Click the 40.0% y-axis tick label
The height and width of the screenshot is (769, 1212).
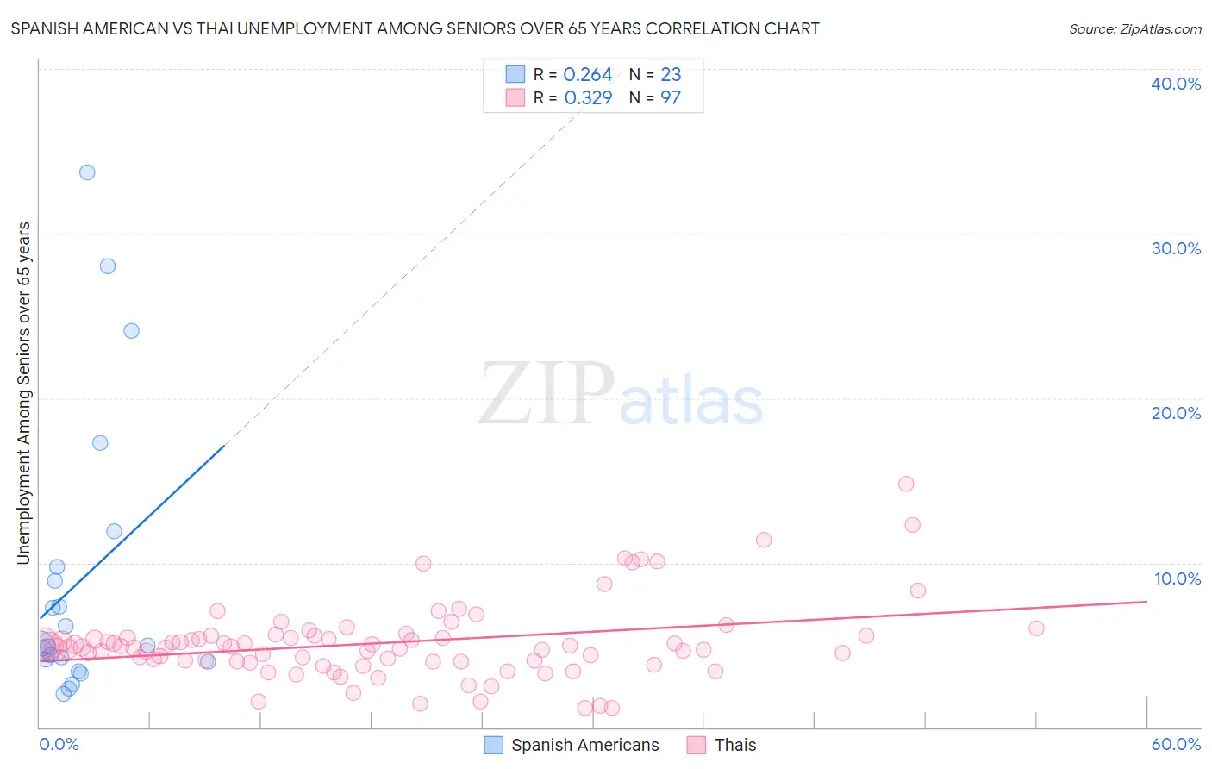(1176, 84)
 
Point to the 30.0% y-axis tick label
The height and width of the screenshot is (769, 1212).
(1176, 248)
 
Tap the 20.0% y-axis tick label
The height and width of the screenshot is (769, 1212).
(1176, 413)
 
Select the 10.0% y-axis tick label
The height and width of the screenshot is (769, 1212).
(1176, 578)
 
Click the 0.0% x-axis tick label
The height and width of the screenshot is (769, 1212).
(59, 744)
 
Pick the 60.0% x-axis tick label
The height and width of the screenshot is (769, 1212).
(1176, 744)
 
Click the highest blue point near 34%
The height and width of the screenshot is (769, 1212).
(87, 172)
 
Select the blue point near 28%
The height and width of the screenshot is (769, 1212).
(108, 266)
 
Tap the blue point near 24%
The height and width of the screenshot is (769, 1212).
(131, 331)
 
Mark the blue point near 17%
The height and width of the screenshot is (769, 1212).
(100, 443)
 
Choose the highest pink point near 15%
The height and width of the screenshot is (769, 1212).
(906, 484)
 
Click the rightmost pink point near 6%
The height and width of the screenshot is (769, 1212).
(1037, 628)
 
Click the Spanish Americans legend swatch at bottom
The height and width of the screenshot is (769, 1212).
(493, 745)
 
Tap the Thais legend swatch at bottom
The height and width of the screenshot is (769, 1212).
(697, 745)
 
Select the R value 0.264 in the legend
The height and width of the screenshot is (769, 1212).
(587, 75)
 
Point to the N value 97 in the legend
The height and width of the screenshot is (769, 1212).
(671, 98)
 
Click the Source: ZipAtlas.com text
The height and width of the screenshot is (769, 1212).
(1134, 29)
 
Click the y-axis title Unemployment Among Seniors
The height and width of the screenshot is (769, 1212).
(24, 392)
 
